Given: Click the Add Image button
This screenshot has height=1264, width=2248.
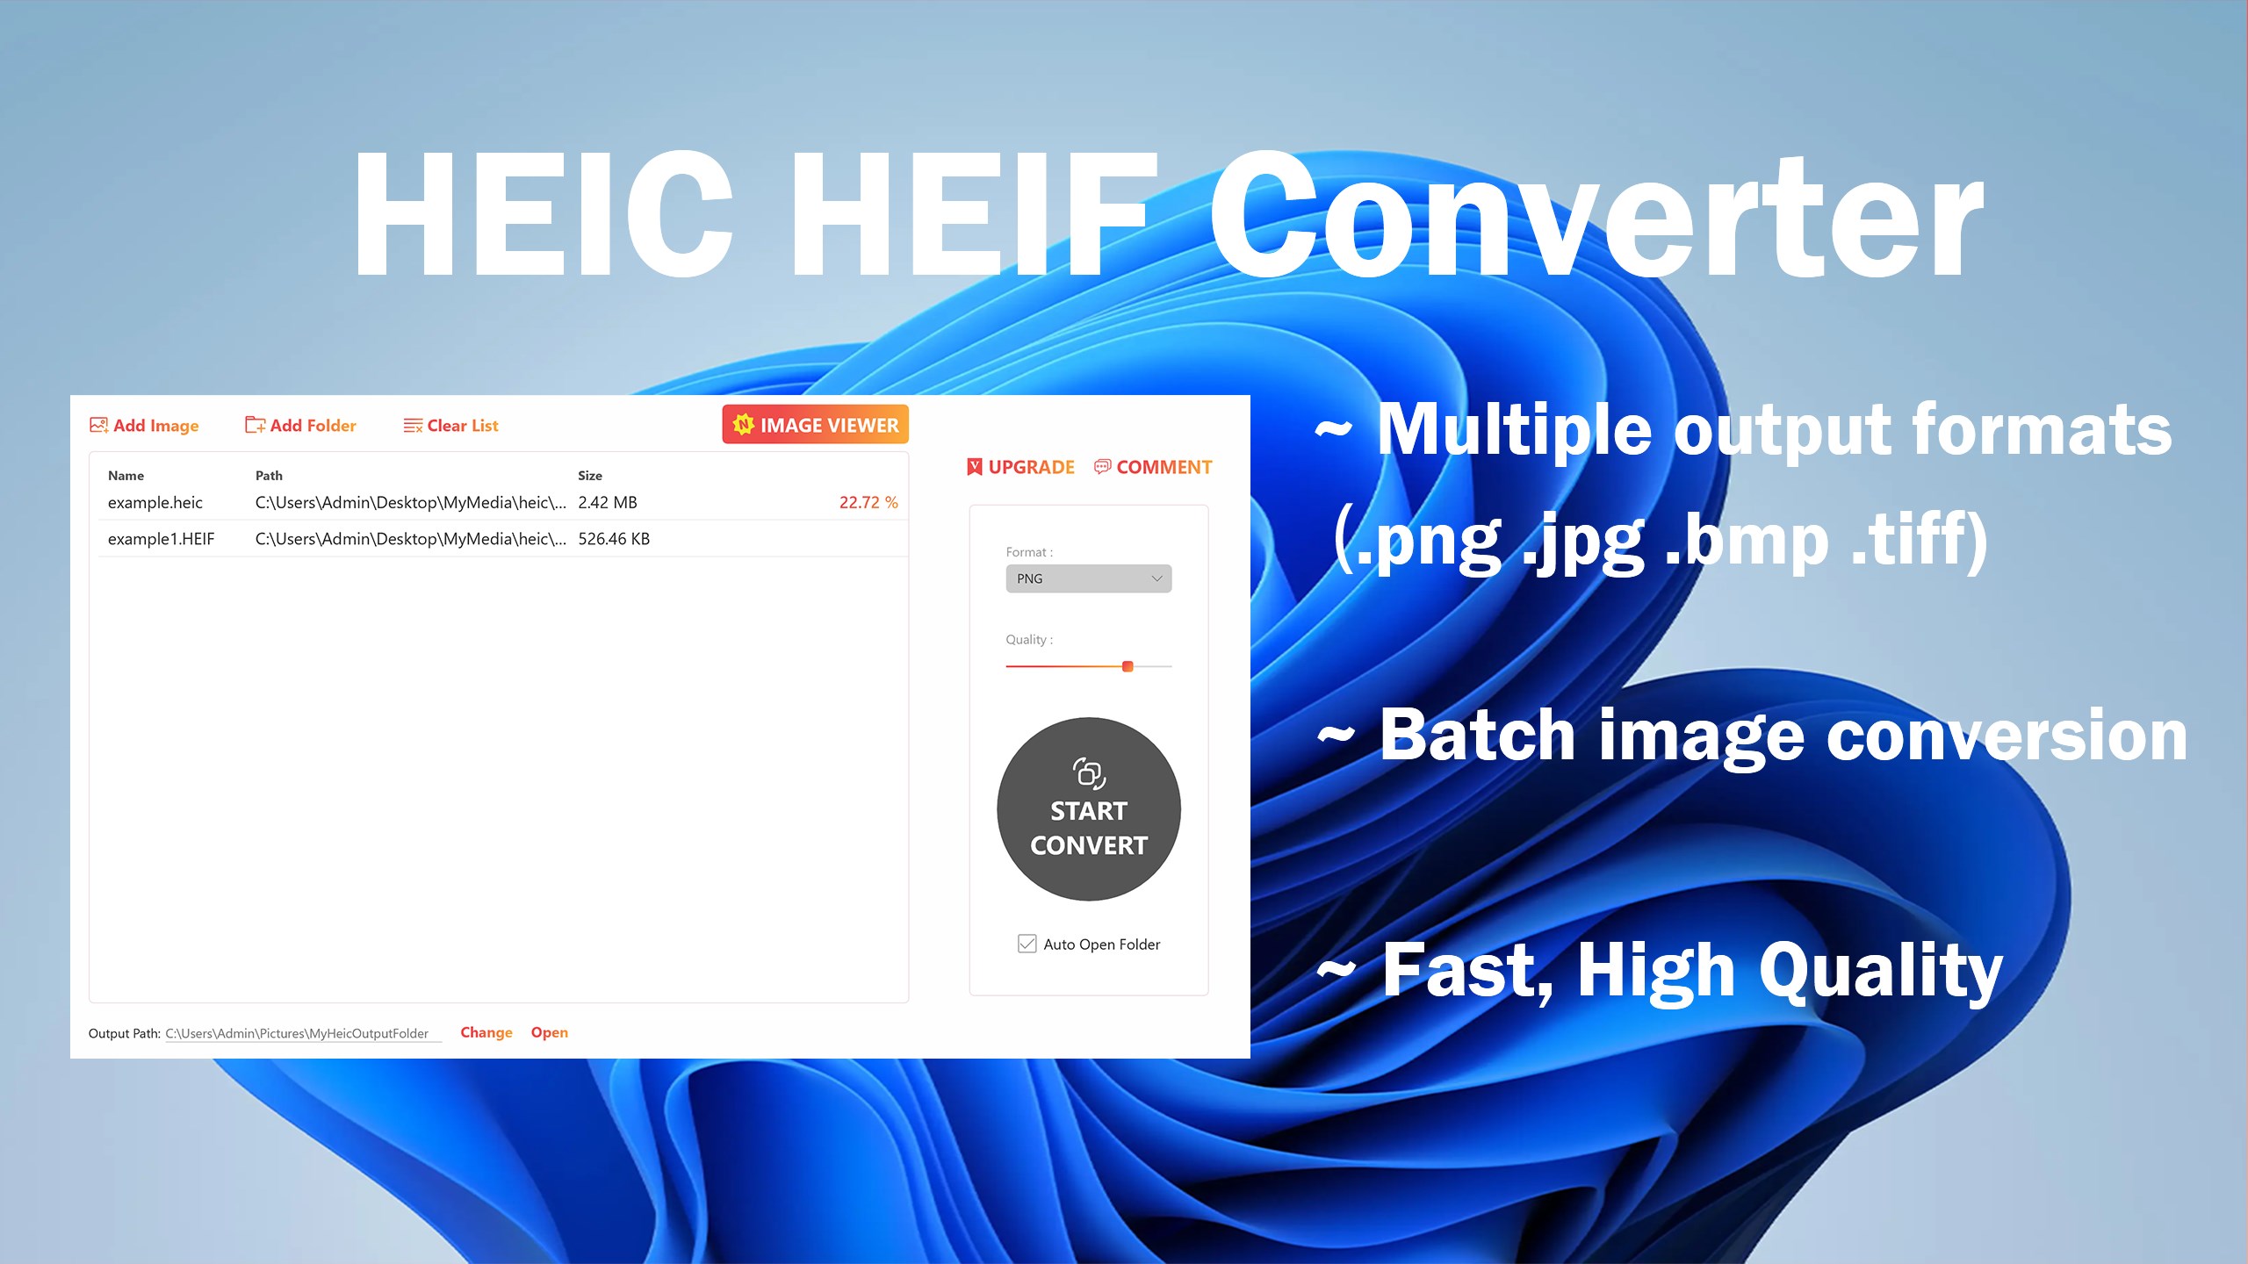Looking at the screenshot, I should coord(145,426).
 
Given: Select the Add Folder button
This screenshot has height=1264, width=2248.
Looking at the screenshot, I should coord(301,426).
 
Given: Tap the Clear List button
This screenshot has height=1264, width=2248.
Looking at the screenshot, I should coord(451,426).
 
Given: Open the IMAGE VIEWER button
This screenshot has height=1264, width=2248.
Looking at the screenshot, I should coord(815,425).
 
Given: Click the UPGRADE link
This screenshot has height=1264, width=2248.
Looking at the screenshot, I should coord(1021,467).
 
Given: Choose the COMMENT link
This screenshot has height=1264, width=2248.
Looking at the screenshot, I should coord(1154,467).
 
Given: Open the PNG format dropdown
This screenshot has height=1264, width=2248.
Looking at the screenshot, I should coord(1088,578).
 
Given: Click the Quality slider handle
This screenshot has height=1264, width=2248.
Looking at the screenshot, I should coord(1128,666).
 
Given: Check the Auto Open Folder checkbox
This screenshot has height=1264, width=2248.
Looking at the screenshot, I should coord(1027,944).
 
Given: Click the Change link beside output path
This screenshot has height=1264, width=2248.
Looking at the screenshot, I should coord(486,1032).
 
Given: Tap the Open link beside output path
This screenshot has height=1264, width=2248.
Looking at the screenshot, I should coord(549,1032).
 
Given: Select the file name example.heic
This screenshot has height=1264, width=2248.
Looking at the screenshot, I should coord(155,503).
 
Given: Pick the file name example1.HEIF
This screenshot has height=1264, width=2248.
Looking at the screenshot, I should coord(161,539).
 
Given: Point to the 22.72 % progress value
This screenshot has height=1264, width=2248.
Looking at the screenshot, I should coord(868,503).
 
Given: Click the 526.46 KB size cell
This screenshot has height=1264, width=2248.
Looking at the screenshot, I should coord(614,539).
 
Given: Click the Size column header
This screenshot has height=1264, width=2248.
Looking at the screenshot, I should coord(590,476).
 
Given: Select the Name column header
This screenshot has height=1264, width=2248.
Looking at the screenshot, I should coord(126,476).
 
